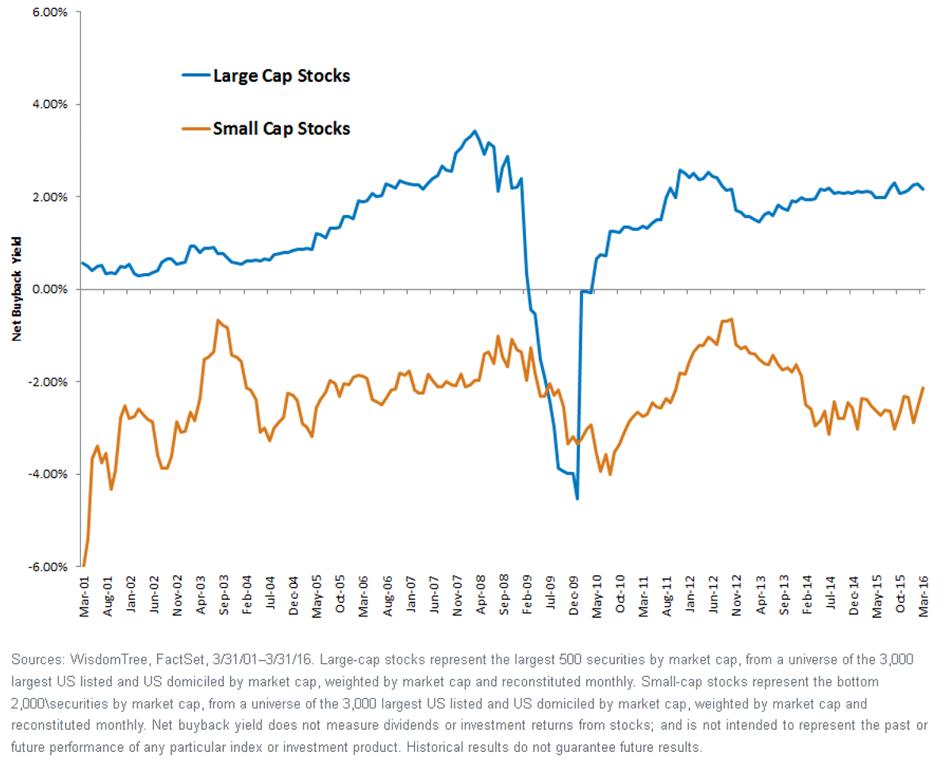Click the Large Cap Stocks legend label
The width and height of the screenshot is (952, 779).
click(x=281, y=76)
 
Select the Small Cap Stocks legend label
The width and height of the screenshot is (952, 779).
click(x=281, y=129)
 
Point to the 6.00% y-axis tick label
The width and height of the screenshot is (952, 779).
click(x=50, y=12)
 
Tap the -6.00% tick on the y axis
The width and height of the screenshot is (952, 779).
click(x=48, y=567)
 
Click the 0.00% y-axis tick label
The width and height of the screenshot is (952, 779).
click(x=50, y=289)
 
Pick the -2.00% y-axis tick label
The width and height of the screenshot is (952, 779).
click(x=48, y=382)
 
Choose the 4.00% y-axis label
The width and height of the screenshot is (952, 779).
click(x=50, y=104)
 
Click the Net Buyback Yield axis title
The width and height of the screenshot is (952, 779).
click(x=17, y=289)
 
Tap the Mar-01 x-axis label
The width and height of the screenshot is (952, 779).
click(x=84, y=597)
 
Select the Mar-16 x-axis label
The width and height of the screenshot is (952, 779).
click(x=923, y=597)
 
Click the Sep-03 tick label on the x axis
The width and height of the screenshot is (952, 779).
click(x=225, y=595)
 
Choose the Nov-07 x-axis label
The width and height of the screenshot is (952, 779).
click(x=457, y=596)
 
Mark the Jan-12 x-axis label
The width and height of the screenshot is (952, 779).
click(x=690, y=594)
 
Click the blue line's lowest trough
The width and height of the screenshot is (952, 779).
click(x=578, y=499)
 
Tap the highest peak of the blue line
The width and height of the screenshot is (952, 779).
click(x=474, y=132)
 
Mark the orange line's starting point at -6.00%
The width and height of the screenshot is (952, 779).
click(x=84, y=565)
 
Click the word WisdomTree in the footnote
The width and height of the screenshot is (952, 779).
click(x=109, y=660)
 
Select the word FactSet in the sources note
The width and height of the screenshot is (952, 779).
click(x=180, y=660)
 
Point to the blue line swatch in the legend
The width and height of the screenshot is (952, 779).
click(x=196, y=75)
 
